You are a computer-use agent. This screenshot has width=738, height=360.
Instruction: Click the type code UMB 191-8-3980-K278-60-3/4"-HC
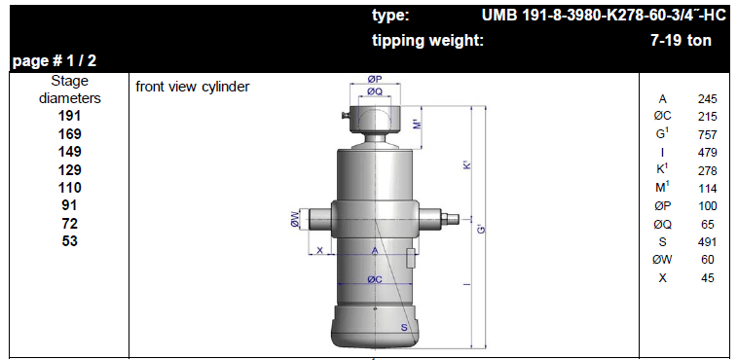point(604,16)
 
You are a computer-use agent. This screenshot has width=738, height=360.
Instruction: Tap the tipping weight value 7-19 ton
point(681,41)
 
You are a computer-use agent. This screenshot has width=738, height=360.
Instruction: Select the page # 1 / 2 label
point(55,61)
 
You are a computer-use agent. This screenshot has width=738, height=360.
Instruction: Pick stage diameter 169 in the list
point(70,133)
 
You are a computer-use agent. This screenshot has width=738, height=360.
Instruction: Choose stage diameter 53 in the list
point(70,241)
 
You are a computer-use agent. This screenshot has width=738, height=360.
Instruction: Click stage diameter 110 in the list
point(70,187)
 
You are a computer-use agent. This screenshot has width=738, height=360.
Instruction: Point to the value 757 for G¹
point(708,135)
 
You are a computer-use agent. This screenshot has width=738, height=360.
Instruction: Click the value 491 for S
point(708,242)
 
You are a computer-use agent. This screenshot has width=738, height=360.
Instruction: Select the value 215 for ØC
point(708,117)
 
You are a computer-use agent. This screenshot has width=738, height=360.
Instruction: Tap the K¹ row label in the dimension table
point(663,170)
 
